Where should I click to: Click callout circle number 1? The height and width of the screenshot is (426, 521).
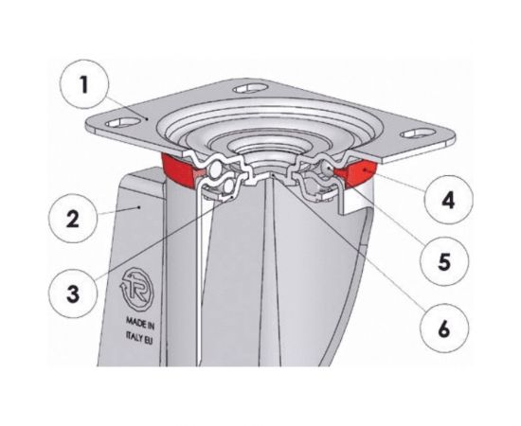[x=84, y=84]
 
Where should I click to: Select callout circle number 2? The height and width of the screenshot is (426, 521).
[x=73, y=219]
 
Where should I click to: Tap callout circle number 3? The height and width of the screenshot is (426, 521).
[x=73, y=293]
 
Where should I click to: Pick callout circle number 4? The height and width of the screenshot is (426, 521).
[x=448, y=200]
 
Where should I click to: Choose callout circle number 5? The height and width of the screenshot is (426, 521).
[x=444, y=261]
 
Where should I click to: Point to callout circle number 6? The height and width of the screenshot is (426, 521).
[x=444, y=328]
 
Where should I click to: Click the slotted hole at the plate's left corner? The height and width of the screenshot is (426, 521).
[x=122, y=122]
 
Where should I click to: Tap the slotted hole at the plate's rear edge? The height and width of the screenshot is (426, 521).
[x=250, y=88]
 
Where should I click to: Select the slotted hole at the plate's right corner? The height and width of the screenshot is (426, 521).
[x=418, y=133]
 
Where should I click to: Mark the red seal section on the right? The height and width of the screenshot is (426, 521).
[x=357, y=172]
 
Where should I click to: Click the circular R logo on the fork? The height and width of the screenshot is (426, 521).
[x=137, y=288]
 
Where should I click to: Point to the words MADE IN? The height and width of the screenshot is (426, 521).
[x=140, y=324]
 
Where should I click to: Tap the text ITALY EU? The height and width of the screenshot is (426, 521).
[x=139, y=338]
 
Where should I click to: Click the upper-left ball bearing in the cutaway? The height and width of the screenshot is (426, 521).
[x=215, y=169]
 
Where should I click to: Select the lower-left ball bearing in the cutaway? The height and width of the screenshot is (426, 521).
[x=229, y=187]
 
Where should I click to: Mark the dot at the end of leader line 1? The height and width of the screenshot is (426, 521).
[x=147, y=118]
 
